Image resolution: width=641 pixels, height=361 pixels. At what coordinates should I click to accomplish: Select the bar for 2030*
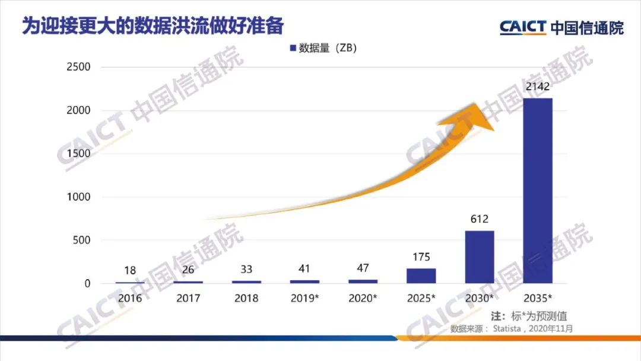[479, 256]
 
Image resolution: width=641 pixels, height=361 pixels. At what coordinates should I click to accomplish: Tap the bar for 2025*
[421, 275]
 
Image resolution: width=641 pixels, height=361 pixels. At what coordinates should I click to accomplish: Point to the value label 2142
[538, 87]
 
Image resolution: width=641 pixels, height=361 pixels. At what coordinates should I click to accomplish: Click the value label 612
[479, 220]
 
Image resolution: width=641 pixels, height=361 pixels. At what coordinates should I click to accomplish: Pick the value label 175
[421, 258]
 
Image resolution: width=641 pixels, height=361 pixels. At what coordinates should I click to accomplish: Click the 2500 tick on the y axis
[78, 67]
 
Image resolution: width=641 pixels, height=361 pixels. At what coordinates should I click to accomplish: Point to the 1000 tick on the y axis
[78, 197]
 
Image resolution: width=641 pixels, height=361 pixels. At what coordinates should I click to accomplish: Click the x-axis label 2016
[130, 298]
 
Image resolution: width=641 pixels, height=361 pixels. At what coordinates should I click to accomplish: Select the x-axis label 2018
[246, 298]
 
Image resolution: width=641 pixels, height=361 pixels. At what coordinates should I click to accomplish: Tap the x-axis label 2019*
[305, 298]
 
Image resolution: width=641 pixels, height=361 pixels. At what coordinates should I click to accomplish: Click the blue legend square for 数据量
[293, 48]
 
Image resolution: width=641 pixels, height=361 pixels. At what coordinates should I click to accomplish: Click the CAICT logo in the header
[522, 27]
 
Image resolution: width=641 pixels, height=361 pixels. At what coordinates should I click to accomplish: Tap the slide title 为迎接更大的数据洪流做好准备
[153, 26]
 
